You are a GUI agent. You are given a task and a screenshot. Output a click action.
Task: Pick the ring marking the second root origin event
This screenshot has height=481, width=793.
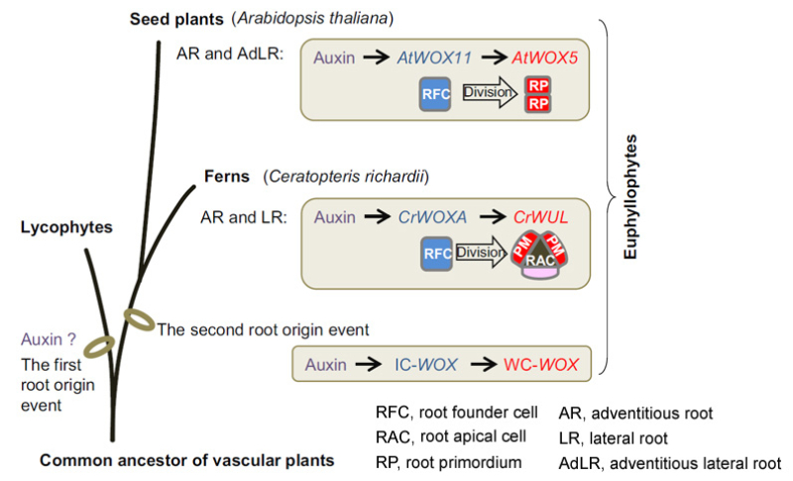(139, 318)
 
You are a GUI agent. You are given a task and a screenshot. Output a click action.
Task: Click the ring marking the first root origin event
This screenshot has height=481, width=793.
(100, 345)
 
